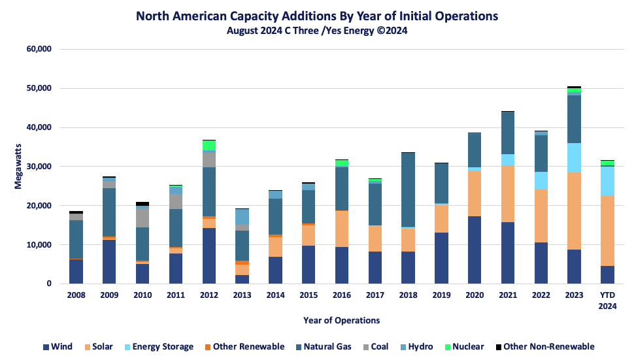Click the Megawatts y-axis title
pyautogui.click(x=18, y=167)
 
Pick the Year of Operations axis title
pyautogui.click(x=341, y=320)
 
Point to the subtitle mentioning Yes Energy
pyautogui.click(x=317, y=30)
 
